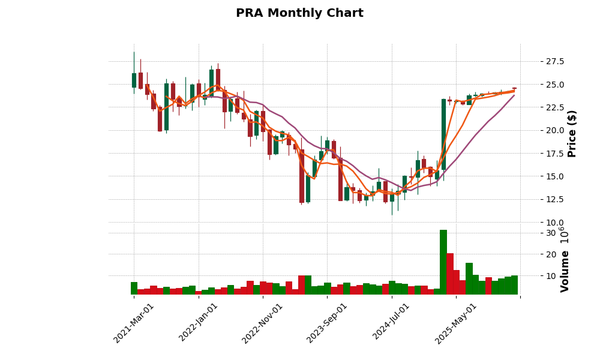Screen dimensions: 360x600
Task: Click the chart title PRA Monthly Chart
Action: point(299,13)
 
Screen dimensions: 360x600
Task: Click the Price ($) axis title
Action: point(572,133)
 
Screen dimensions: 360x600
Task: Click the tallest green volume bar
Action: point(443,262)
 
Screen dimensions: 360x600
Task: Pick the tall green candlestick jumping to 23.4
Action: point(443,134)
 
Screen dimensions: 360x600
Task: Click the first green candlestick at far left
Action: point(134,80)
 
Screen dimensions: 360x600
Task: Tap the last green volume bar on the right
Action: point(514,285)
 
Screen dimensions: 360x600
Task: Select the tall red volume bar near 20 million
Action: point(450,274)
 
